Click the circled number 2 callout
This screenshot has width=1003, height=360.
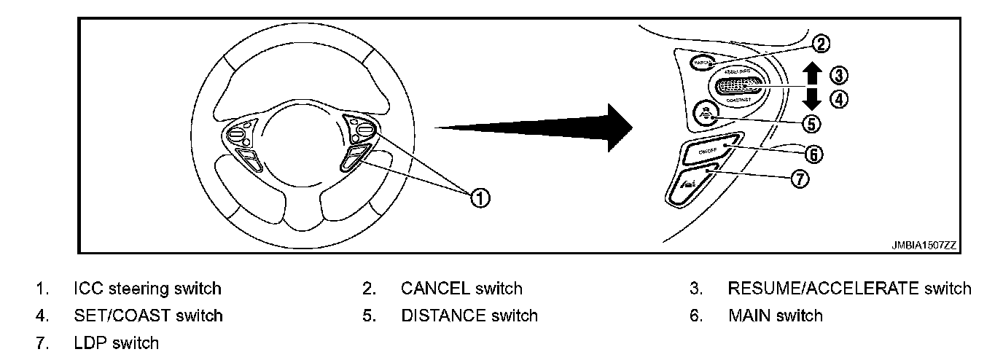(821, 44)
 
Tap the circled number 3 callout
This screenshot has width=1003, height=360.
(840, 75)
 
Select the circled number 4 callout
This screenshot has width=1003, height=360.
(840, 100)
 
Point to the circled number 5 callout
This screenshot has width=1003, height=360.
(811, 123)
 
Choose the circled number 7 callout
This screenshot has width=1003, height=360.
(800, 179)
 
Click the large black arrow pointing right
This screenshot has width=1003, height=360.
(539, 127)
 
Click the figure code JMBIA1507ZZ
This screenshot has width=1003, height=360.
(923, 246)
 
